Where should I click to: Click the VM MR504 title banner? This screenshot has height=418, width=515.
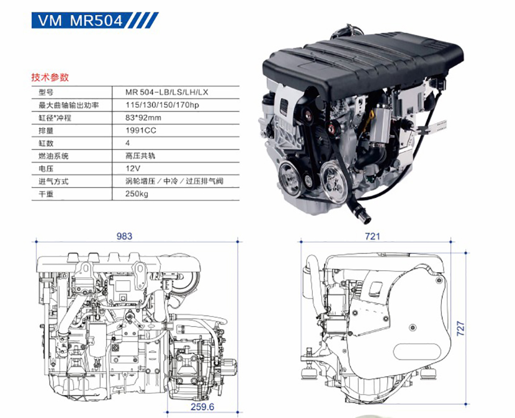[x=96, y=20]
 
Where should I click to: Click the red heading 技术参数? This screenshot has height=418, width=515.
[x=50, y=77]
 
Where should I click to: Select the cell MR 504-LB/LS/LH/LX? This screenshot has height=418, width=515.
[x=167, y=92]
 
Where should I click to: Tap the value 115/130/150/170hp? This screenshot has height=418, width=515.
[x=162, y=105]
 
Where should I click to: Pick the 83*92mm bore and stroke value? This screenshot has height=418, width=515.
[x=143, y=118]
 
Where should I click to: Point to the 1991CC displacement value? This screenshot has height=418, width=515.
[x=141, y=130]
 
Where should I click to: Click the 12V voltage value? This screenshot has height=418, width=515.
[x=133, y=169]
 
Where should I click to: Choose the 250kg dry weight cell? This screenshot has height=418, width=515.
[x=137, y=193]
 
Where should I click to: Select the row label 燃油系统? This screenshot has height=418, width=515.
[x=53, y=156]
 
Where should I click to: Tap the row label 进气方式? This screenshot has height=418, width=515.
[x=53, y=181]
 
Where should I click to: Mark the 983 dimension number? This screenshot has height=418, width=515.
[x=125, y=236]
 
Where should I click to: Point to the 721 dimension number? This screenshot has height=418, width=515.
[x=372, y=236]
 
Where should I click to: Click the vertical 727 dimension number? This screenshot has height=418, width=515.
[x=461, y=328]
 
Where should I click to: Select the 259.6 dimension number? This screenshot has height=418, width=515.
[x=202, y=406]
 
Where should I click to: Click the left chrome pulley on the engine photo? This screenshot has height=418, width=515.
[x=290, y=179]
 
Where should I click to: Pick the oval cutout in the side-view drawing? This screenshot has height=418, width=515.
[x=418, y=352]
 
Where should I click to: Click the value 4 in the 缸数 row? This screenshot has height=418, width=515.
[x=127, y=143]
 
